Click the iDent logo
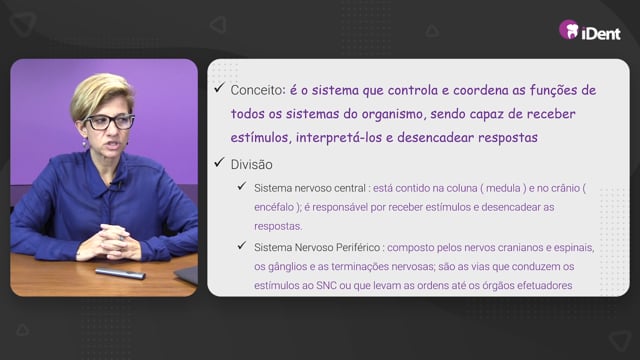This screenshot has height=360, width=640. click(590, 31)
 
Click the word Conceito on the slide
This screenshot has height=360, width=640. click(257, 90)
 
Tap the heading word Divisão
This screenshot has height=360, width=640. click(251, 164)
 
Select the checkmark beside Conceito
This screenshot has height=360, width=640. click(219, 88)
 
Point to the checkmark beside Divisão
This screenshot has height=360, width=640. click(219, 162)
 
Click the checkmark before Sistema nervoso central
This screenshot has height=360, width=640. click(242, 187)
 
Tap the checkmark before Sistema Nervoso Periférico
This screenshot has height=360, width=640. click(242, 246)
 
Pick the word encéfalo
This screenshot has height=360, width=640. click(273, 207)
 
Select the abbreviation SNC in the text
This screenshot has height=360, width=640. click(326, 285)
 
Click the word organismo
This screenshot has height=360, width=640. click(392, 115)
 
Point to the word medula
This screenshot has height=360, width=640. click(503, 188)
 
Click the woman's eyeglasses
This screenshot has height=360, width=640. click(109, 122)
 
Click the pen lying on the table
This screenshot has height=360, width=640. click(120, 273)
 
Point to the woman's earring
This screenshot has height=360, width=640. click(84, 143)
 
